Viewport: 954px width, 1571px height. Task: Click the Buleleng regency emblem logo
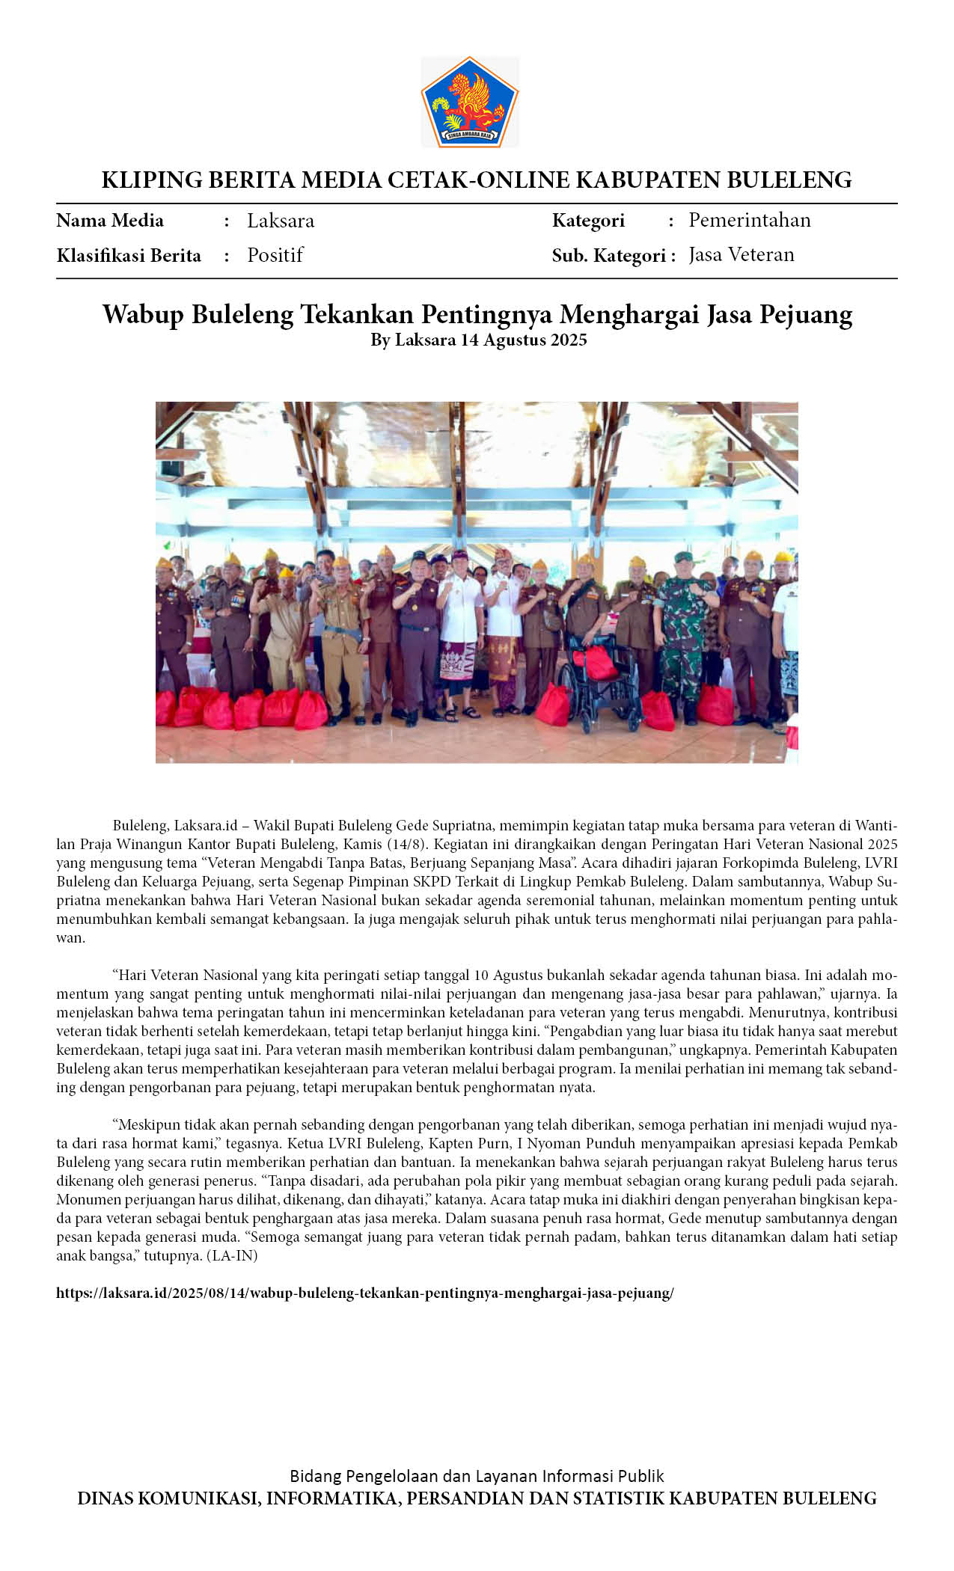tap(470, 102)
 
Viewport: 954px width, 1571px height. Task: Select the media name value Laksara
tap(281, 221)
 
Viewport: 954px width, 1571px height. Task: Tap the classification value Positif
tap(275, 255)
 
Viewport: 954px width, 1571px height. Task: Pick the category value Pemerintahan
tap(749, 220)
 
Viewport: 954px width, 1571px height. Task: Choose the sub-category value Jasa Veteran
tap(741, 255)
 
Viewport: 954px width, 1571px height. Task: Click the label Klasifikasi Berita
tap(129, 256)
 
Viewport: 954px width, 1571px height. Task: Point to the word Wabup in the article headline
tap(145, 314)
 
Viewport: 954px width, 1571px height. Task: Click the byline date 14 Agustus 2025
tap(523, 340)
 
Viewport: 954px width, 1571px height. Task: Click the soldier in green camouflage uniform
tap(682, 636)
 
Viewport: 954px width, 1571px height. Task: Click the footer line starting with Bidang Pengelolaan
tap(477, 1476)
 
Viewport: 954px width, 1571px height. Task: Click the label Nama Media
tap(110, 221)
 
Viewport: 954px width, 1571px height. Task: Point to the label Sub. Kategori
tap(609, 256)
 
